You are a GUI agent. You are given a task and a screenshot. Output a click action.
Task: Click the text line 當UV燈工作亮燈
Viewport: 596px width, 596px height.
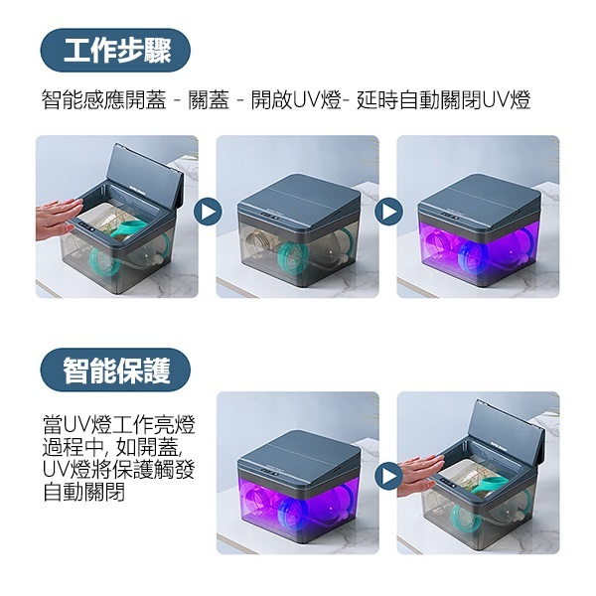pos(111,422)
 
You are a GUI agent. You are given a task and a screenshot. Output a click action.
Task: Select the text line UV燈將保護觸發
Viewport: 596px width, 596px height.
pos(111,469)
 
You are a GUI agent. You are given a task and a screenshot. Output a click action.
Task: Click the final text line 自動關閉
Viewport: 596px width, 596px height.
pos(83,493)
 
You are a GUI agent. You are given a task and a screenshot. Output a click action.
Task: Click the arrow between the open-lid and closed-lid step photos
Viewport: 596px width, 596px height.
pos(208,212)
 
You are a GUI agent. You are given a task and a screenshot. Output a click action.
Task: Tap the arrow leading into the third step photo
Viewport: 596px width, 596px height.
pos(388,212)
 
